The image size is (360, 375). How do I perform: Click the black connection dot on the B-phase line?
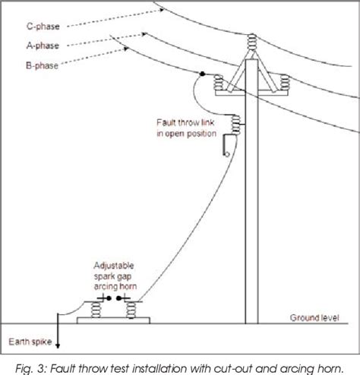[204, 74]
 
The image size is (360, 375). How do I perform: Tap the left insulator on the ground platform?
[96, 311]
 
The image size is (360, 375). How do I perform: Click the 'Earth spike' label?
[25, 341]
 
